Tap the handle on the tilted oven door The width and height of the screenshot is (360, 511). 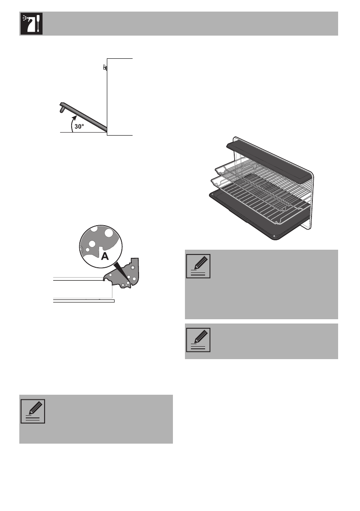coord(62,110)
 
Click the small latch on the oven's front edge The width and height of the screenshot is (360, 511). coord(104,68)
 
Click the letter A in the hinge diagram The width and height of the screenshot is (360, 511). coord(104,256)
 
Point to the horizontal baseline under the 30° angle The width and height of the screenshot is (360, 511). coord(84,133)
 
